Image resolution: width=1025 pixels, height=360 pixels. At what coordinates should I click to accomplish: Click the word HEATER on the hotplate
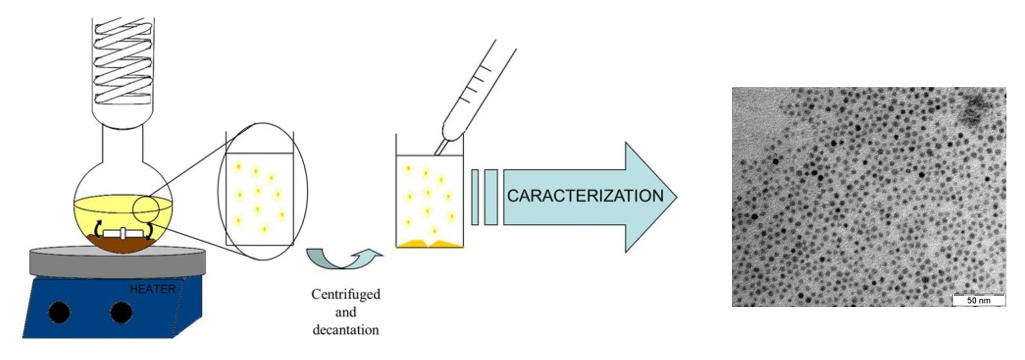pyautogui.click(x=152, y=289)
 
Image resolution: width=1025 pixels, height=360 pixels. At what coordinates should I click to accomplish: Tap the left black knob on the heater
pyautogui.click(x=59, y=312)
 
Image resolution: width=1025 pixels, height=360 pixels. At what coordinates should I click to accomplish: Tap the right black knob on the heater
pyautogui.click(x=121, y=312)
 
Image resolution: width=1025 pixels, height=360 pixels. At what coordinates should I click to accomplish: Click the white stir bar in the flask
pyautogui.click(x=124, y=233)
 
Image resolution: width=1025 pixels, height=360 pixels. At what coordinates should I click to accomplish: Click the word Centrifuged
pyautogui.click(x=346, y=295)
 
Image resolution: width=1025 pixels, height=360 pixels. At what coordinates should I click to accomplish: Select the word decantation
pyautogui.click(x=346, y=330)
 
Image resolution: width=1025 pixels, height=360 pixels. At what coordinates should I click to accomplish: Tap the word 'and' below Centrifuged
pyautogui.click(x=346, y=312)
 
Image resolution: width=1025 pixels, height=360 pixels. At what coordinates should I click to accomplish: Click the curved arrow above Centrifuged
pyautogui.click(x=344, y=259)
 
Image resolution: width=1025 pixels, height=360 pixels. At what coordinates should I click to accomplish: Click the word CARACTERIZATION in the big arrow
pyautogui.click(x=585, y=196)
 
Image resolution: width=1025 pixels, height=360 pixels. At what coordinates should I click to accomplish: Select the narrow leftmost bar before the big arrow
pyautogui.click(x=475, y=197)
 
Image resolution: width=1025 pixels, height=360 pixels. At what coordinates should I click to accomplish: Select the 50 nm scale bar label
pyautogui.click(x=979, y=300)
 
